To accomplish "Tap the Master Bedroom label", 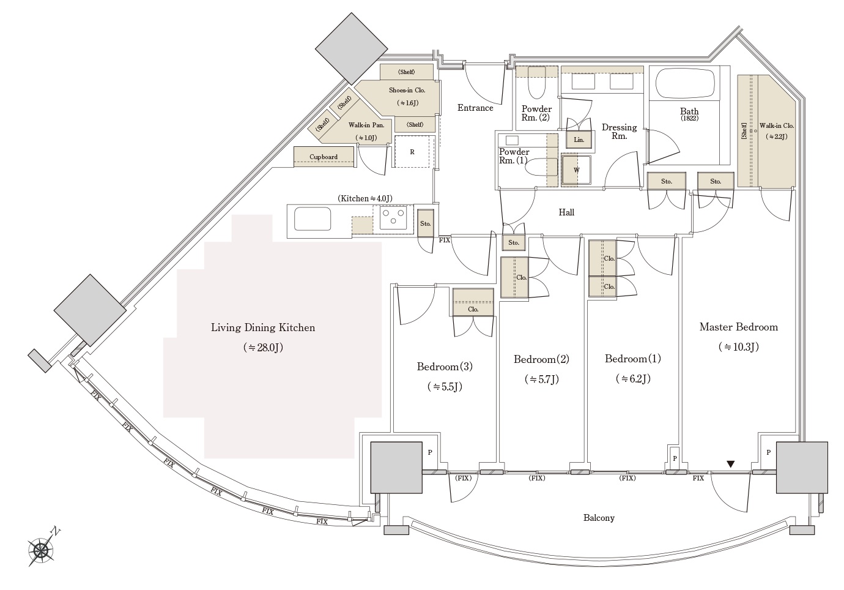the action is coord(738,327).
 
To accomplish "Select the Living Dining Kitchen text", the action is coord(263,327).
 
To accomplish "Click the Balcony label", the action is coord(598,518).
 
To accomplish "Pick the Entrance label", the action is coord(475,108).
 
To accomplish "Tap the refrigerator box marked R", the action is coord(412,152).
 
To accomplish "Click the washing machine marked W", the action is coord(576,170).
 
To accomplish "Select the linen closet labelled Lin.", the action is coord(579,140).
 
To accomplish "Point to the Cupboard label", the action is coord(324,157).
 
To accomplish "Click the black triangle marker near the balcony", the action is coord(730,465).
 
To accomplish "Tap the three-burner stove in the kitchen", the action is coord(392,217).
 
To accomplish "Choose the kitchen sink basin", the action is coord(313,218).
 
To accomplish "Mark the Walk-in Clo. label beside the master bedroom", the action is coord(776,125).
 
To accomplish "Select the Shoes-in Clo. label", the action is coord(407,90).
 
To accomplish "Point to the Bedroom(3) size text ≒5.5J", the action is coord(444,387).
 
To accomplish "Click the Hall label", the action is coord(566,212).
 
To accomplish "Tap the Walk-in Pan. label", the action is coord(366,125).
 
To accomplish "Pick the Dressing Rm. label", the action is coord(619,132).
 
